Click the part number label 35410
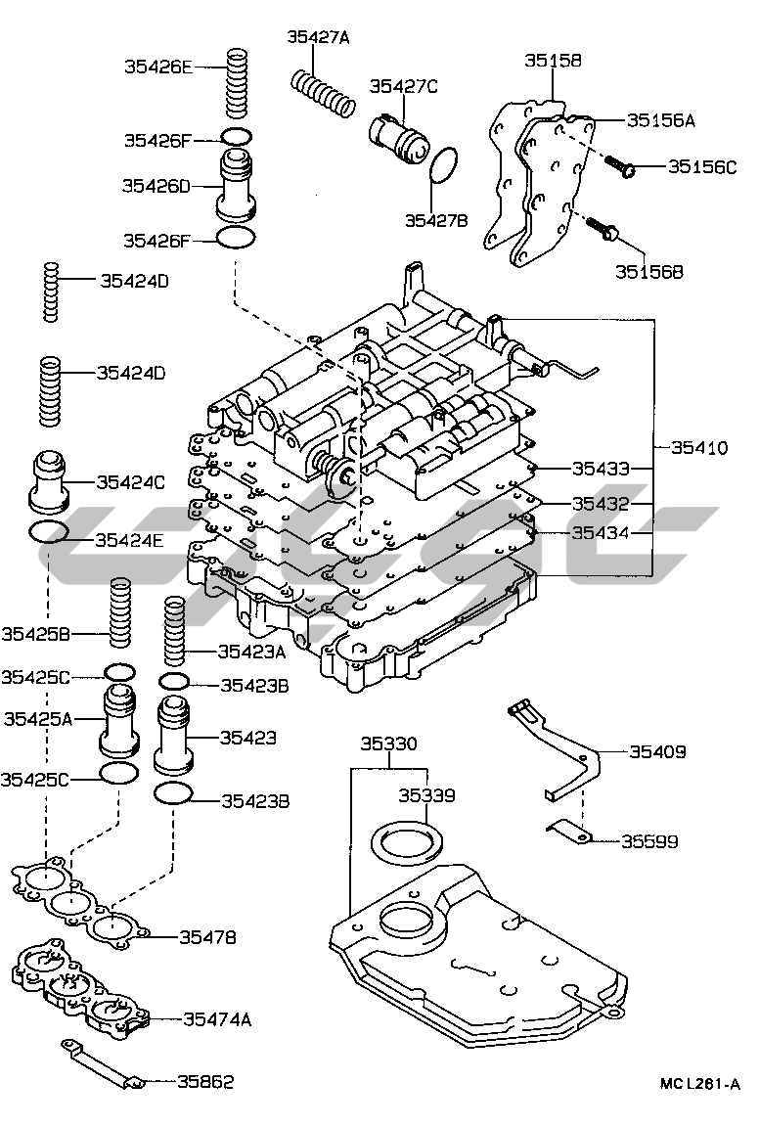pos(699,448)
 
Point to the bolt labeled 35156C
pos(619,166)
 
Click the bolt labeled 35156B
pos(603,228)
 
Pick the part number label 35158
pos(553,61)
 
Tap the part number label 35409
pos(657,751)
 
